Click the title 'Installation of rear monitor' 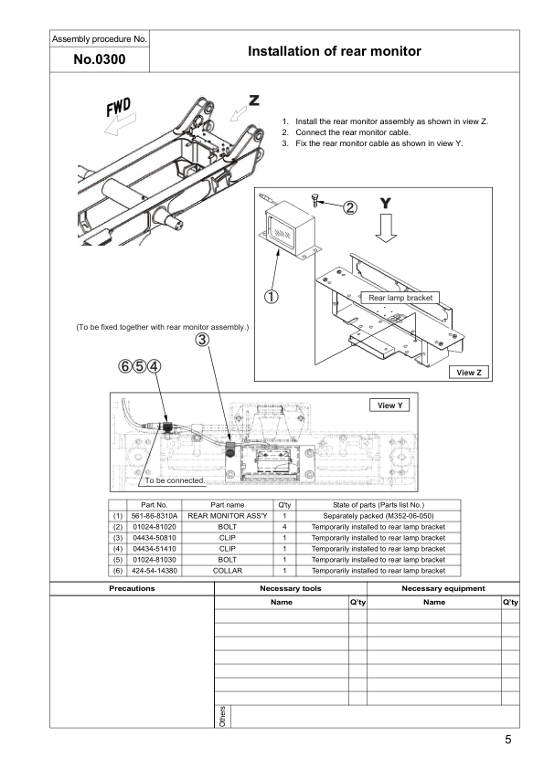[335, 52]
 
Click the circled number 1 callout [272, 295]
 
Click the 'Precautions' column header [132, 589]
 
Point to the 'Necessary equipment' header [443, 589]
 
